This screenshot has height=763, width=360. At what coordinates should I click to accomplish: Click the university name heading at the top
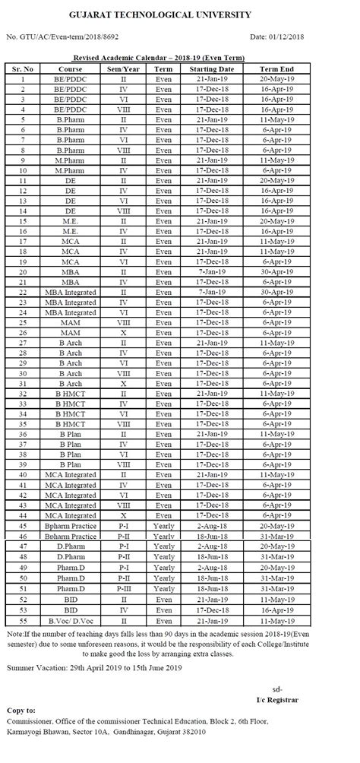(181, 14)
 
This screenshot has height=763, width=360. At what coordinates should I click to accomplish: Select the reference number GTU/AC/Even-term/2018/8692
(62, 36)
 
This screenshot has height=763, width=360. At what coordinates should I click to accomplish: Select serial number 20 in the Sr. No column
(24, 271)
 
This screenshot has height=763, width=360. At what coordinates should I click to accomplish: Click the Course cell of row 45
(71, 525)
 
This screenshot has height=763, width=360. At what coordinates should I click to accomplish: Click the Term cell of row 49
(164, 567)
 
